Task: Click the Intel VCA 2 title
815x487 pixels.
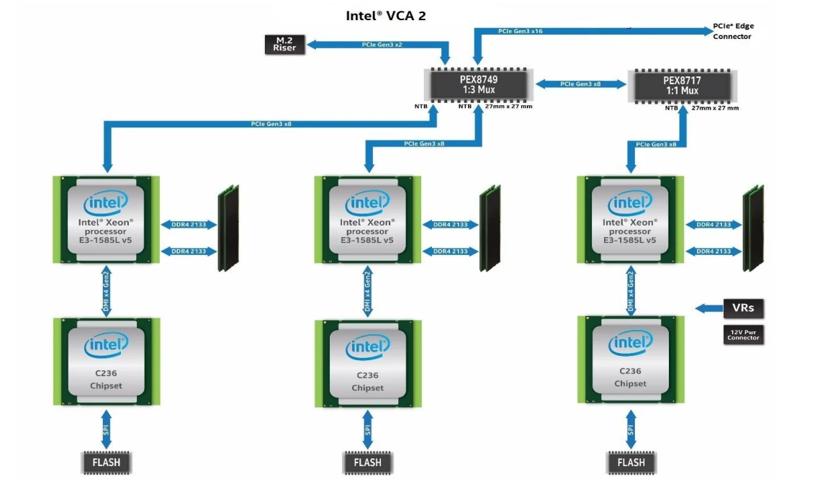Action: click(386, 15)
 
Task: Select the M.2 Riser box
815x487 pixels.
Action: click(284, 44)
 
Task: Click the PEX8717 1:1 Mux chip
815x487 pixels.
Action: click(680, 85)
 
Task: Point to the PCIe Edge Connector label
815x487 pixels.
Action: click(733, 31)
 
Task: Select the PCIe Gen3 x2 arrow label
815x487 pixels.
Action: click(382, 45)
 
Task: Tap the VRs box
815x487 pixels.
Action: click(742, 308)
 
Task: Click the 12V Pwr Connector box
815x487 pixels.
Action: click(742, 334)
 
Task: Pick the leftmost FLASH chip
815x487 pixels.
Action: click(106, 462)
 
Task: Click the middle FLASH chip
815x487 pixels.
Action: click(367, 462)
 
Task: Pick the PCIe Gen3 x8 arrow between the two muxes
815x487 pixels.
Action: click(580, 84)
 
